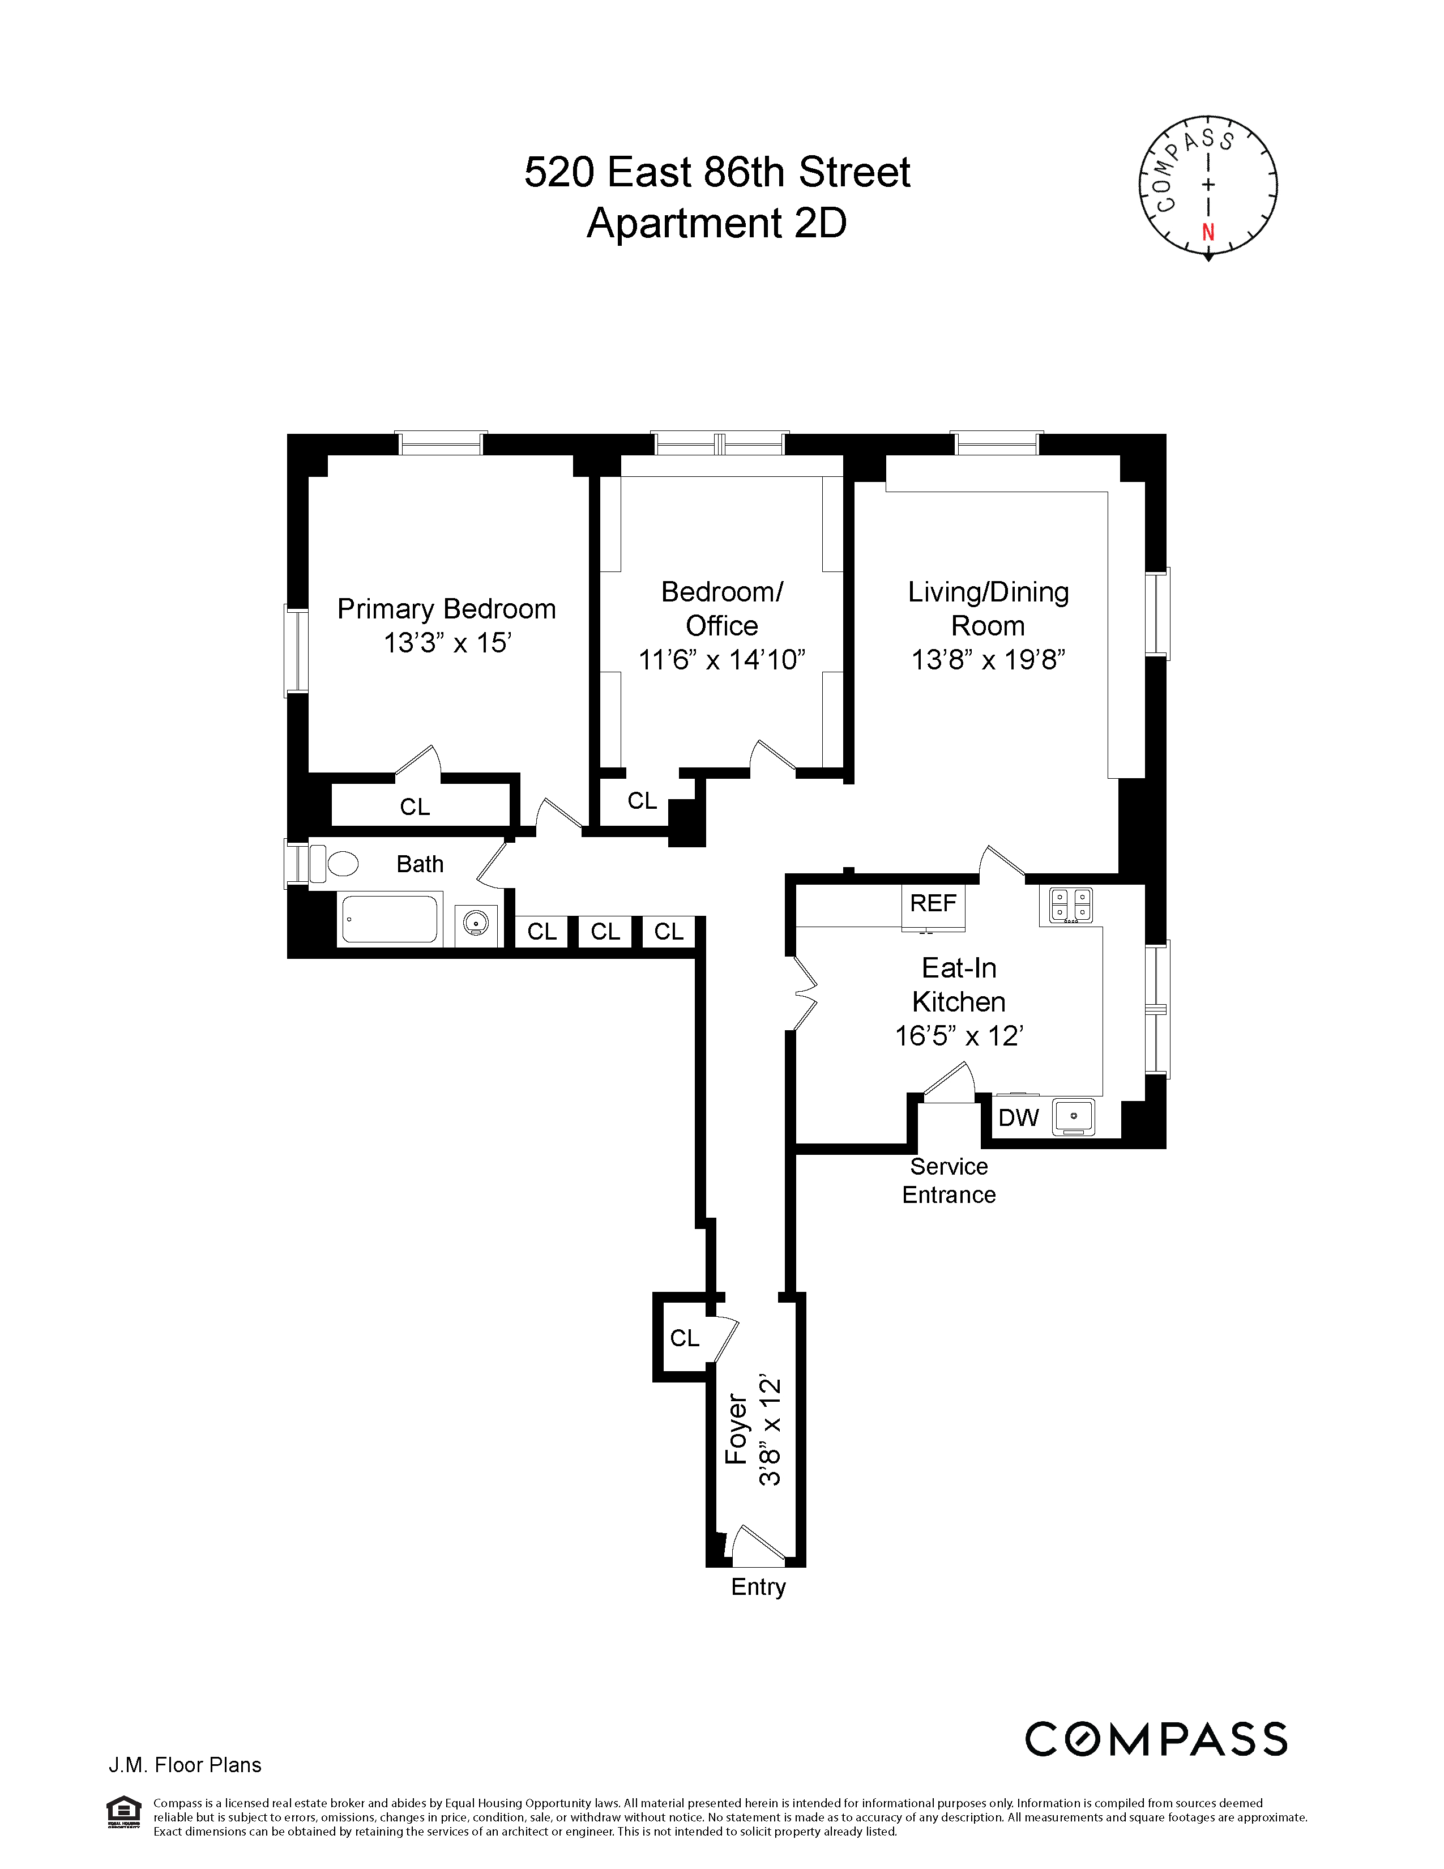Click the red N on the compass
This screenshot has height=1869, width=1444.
tap(1208, 232)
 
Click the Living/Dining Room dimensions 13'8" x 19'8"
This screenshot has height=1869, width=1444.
tap(987, 660)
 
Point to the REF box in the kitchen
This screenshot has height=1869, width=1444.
tap(933, 904)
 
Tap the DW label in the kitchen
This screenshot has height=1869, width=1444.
tap(1018, 1117)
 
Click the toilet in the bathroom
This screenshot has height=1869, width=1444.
tap(341, 864)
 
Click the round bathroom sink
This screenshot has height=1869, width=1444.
tap(476, 923)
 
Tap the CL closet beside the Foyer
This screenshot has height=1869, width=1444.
tap(685, 1338)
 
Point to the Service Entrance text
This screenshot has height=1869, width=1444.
tap(949, 1180)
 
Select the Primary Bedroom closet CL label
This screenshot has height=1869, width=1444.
tap(415, 807)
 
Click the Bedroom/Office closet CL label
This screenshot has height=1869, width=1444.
tap(642, 801)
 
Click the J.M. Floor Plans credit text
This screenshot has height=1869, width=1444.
tap(185, 1765)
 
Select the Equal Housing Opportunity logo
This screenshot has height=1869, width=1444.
tap(123, 1811)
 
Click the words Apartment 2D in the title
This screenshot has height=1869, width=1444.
tap(717, 223)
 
